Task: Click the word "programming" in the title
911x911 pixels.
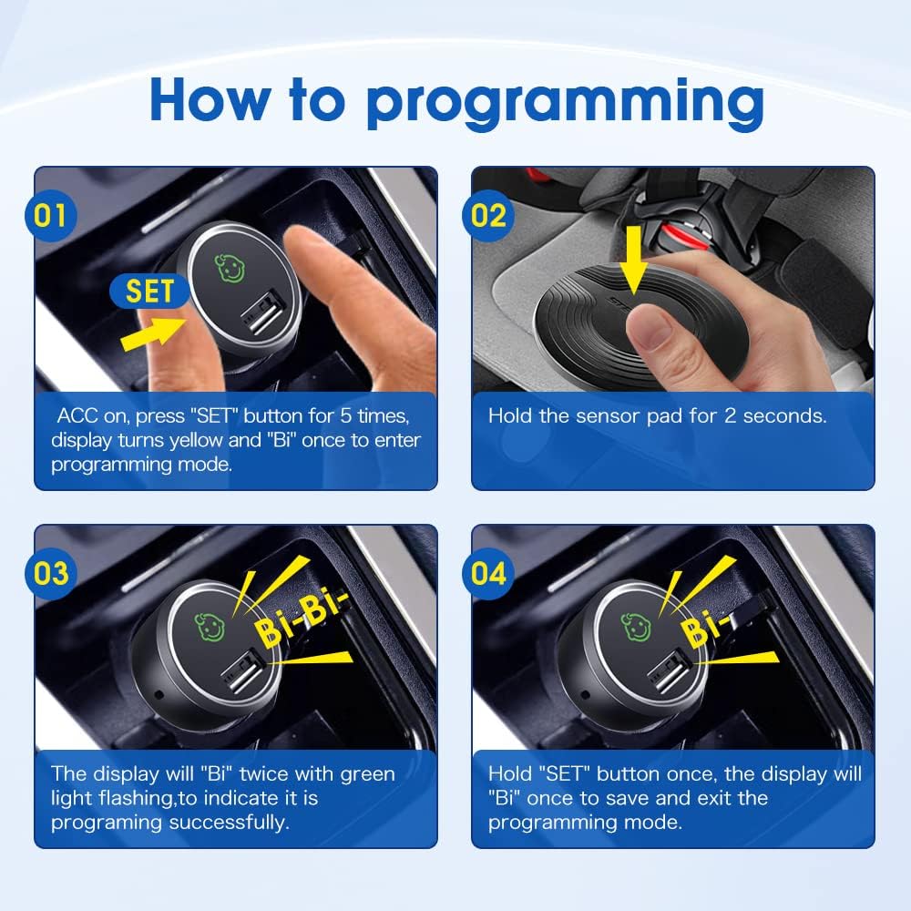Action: pos(565,102)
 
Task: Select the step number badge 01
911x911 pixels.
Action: pos(51,215)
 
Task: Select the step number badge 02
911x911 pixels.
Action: pos(489,215)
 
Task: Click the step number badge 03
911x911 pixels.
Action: pos(51,573)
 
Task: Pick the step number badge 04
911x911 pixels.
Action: pos(489,573)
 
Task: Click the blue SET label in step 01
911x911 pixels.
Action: pos(149,292)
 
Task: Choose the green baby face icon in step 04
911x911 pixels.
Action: pos(635,626)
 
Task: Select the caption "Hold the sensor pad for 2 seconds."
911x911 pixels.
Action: pos(657,416)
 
